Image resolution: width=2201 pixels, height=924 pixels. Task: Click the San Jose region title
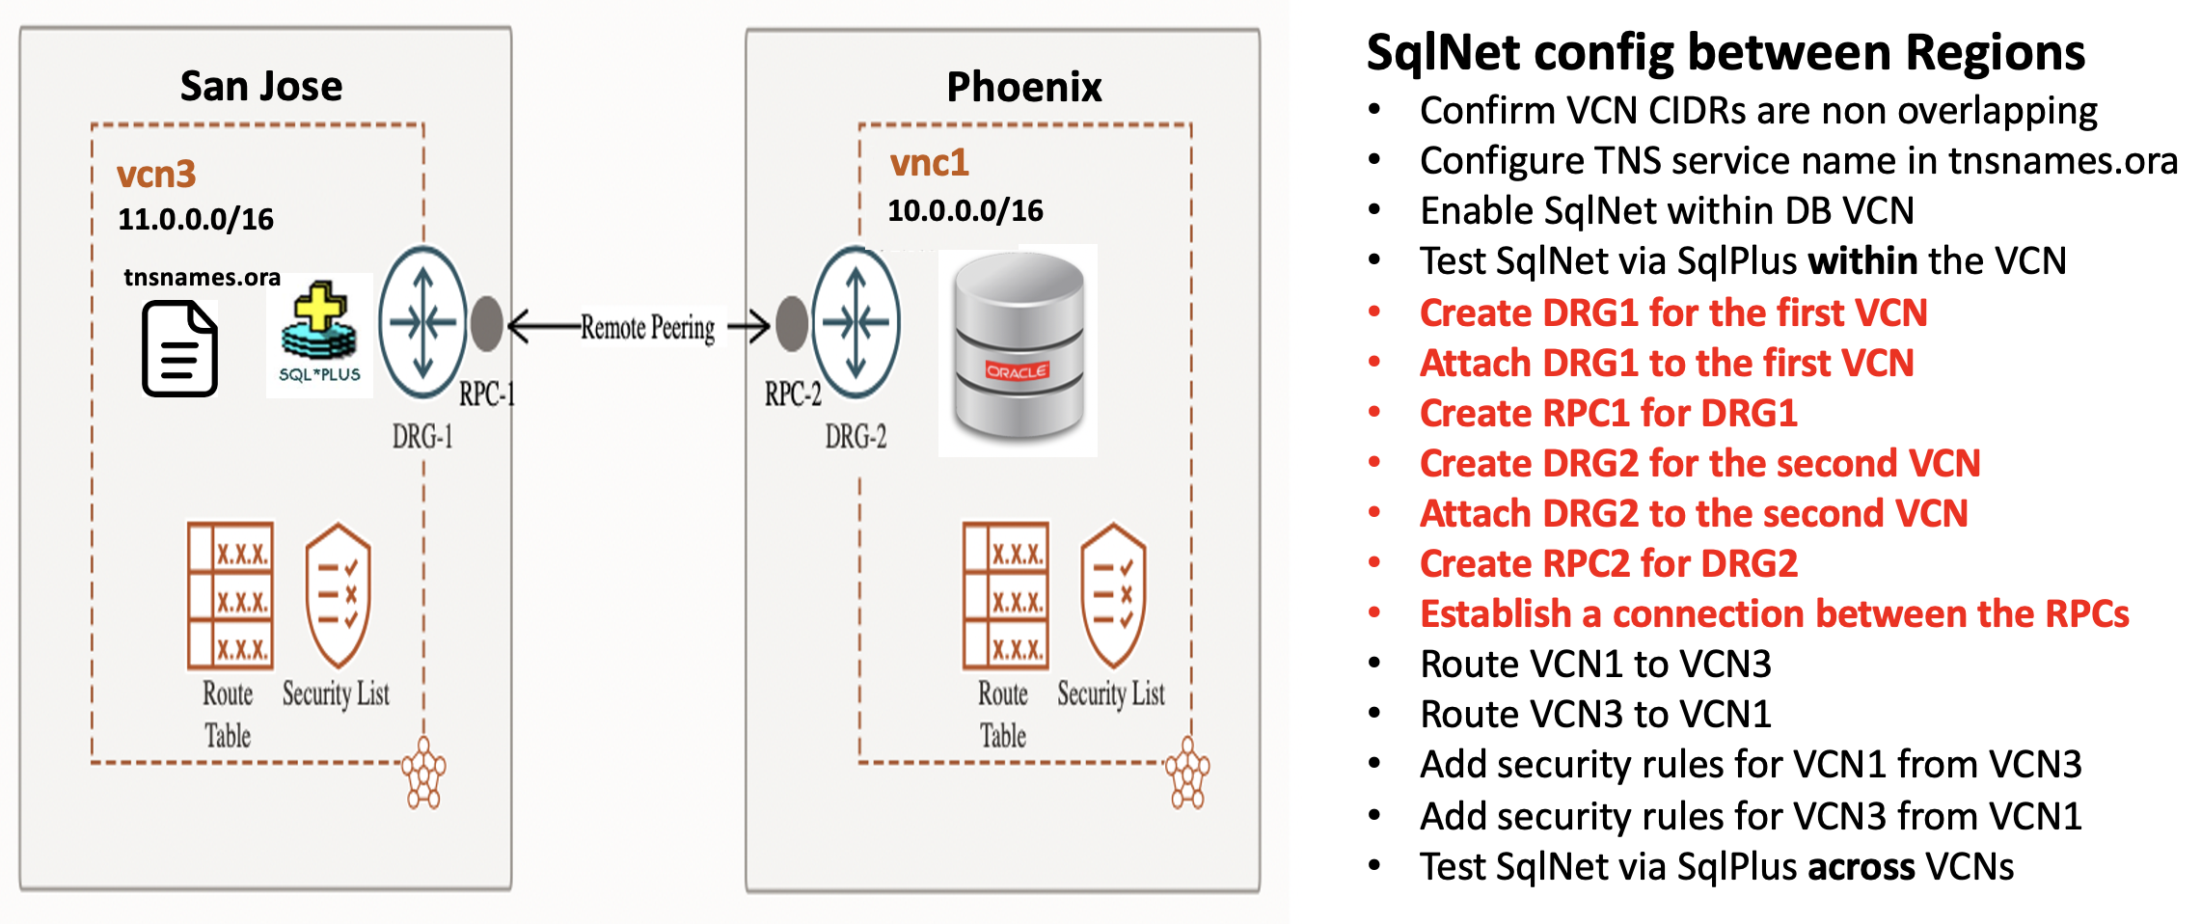pos(260,87)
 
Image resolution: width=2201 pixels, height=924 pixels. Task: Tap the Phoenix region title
pos(1023,88)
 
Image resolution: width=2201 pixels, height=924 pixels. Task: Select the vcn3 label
pos(156,175)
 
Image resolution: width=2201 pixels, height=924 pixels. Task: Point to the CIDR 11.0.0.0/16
pos(196,220)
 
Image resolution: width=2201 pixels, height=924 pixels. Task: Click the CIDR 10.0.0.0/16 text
pos(965,211)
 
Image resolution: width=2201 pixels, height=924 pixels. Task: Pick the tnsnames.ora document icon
pos(179,348)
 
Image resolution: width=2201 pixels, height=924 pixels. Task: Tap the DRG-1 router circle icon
pos(422,322)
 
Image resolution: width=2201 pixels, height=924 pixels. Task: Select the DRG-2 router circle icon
pos(856,322)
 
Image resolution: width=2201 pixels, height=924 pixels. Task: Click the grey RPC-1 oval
pos(487,323)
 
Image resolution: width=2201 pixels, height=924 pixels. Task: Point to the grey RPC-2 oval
pos(792,323)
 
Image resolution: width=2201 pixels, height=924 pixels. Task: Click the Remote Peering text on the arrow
pos(647,328)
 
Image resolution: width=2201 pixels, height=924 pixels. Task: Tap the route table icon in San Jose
pos(230,595)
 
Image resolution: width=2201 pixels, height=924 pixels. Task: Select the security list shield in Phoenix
pos(1113,595)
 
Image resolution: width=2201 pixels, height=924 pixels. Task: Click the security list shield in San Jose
pos(338,595)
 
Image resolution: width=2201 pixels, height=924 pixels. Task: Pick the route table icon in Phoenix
pos(1005,595)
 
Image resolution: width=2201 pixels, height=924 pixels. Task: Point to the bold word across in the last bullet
pos(1861,867)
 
